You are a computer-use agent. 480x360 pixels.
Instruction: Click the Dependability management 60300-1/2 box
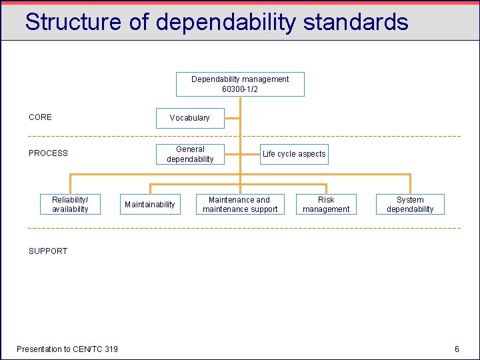pos(240,84)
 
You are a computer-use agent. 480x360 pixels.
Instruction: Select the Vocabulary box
pos(190,118)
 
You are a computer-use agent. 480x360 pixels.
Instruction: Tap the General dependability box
pos(190,154)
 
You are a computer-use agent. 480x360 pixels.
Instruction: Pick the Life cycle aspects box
pos(294,154)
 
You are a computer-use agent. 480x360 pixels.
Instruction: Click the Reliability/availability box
pos(70,204)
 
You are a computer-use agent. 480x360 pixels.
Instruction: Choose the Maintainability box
pos(150,204)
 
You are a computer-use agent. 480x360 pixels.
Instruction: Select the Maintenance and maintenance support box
pos(240,204)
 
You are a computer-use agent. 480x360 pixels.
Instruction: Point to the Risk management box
pos(326,204)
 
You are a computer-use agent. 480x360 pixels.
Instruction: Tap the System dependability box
pos(410,204)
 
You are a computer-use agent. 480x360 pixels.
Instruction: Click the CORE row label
pos(40,117)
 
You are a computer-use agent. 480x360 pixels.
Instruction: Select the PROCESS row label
pos(48,153)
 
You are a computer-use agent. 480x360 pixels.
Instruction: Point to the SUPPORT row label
pos(48,251)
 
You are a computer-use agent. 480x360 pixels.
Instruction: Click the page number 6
pos(457,349)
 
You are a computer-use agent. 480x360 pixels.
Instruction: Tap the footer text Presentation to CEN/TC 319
pos(67,349)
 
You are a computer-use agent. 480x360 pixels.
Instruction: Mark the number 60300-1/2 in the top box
pos(240,89)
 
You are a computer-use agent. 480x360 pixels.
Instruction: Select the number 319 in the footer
pos(111,349)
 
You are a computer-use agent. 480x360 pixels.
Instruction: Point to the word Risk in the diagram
pos(326,199)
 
